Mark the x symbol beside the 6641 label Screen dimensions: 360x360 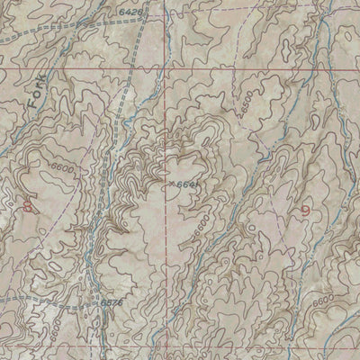(x=170, y=184)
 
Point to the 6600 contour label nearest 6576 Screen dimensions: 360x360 (x=52, y=320)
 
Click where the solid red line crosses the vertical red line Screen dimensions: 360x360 (x=165, y=67)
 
